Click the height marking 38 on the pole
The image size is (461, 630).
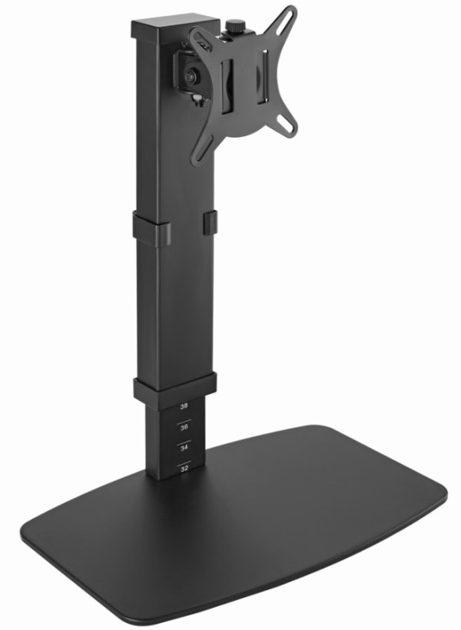pyautogui.click(x=183, y=406)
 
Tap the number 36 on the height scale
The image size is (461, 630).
pyautogui.click(x=183, y=428)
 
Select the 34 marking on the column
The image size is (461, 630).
pyautogui.click(x=183, y=446)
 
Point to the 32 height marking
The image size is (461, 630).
pyautogui.click(x=183, y=466)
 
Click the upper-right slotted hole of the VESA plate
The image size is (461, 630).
pyautogui.click(x=288, y=19)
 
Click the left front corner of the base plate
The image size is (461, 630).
pyautogui.click(x=35, y=542)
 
